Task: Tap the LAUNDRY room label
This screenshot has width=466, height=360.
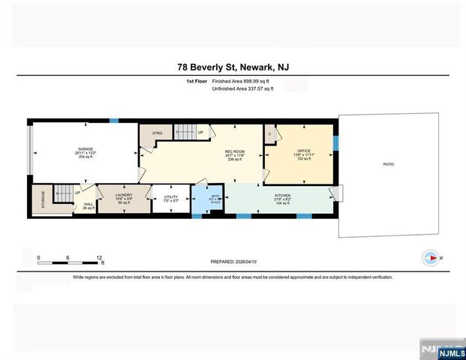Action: tap(124, 194)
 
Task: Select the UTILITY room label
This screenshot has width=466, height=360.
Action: tap(170, 197)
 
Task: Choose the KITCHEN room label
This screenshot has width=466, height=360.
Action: tap(282, 194)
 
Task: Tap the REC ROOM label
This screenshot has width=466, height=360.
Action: tap(235, 151)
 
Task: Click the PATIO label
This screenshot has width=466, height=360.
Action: tap(388, 163)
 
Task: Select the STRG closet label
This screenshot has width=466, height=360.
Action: tap(157, 133)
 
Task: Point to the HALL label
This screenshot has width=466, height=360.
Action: tap(88, 203)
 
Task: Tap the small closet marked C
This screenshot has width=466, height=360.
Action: tap(269, 133)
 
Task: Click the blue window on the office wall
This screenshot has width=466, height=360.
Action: tap(335, 142)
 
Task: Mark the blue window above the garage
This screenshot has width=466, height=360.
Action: tap(114, 120)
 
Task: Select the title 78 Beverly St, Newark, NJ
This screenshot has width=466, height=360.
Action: tap(233, 68)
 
